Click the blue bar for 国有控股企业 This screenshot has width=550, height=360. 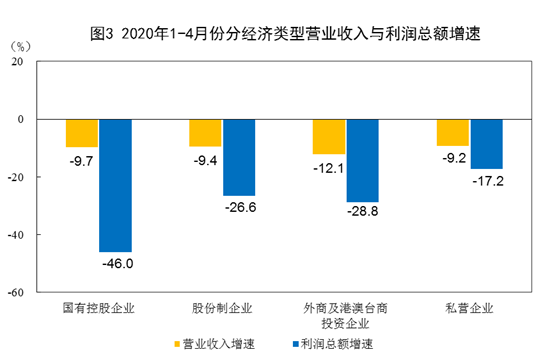pos(115,185)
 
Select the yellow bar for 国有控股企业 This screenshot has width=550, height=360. pos(82,133)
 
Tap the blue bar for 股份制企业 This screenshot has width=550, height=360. pos(239,157)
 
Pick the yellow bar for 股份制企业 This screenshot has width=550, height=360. pos(206,132)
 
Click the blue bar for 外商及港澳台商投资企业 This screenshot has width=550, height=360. pos(362,160)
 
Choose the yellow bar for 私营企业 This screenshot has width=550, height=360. pos(453,132)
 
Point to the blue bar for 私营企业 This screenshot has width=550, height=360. pos(486,144)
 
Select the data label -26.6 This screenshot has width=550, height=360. pos(239,207)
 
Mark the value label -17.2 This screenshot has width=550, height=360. pos(486,181)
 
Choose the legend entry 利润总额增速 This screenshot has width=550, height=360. pos(334,344)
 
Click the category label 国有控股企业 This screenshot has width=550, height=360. pos(99,307)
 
